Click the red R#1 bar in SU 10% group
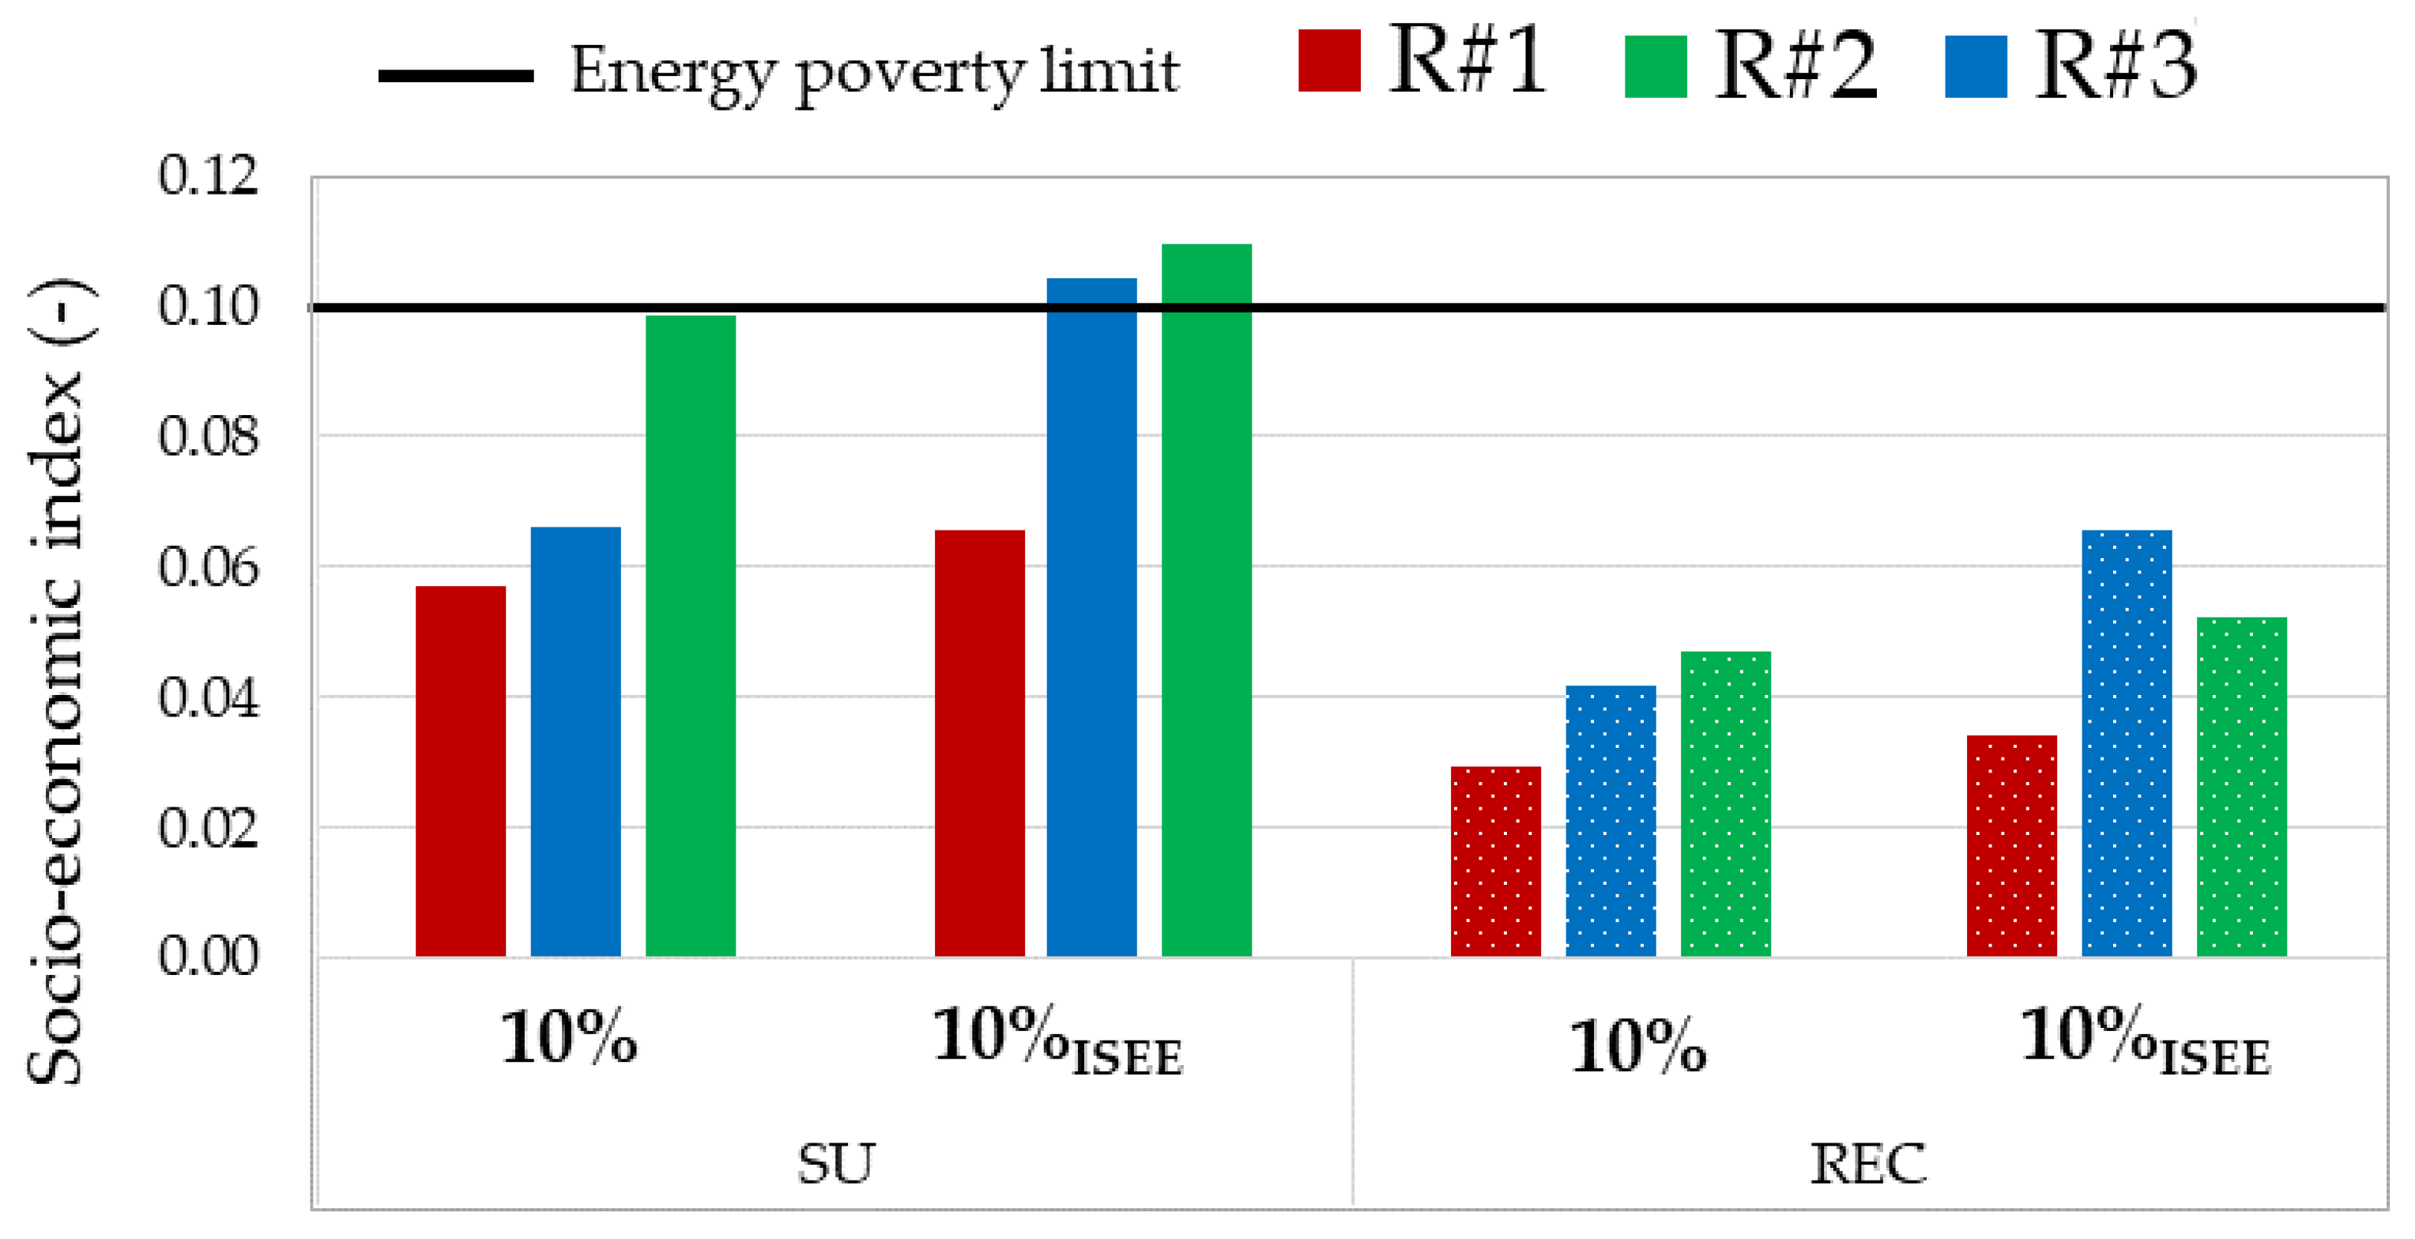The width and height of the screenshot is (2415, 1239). pyautogui.click(x=460, y=771)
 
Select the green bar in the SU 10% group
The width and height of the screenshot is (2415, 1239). pyautogui.click(x=691, y=636)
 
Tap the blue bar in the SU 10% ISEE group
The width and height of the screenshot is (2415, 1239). pyautogui.click(x=1091, y=618)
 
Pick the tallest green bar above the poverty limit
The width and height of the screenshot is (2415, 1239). pyautogui.click(x=1207, y=600)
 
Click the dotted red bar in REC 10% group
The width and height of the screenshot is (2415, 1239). pyautogui.click(x=1495, y=861)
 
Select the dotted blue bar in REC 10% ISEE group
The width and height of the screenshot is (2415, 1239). pyautogui.click(x=2127, y=742)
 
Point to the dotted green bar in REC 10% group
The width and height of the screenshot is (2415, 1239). pyautogui.click(x=1725, y=804)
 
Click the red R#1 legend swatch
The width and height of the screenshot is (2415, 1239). pyautogui.click(x=1328, y=61)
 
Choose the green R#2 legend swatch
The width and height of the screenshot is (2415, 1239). pyautogui.click(x=1655, y=66)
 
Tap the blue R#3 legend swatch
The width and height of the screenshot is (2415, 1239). pyautogui.click(x=1976, y=66)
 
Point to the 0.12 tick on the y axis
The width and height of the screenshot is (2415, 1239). pyautogui.click(x=207, y=176)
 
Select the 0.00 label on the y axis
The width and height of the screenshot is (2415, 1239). pyautogui.click(x=207, y=957)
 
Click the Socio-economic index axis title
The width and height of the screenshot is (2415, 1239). pyautogui.click(x=56, y=682)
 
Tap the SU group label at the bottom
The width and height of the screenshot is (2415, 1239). pyautogui.click(x=835, y=1163)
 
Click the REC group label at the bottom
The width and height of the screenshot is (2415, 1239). pyautogui.click(x=1867, y=1163)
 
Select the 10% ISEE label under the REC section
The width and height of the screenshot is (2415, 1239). pyautogui.click(x=2144, y=1039)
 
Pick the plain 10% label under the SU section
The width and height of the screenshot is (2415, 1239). pyautogui.click(x=568, y=1039)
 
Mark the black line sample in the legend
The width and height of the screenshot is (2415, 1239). pyautogui.click(x=456, y=76)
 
